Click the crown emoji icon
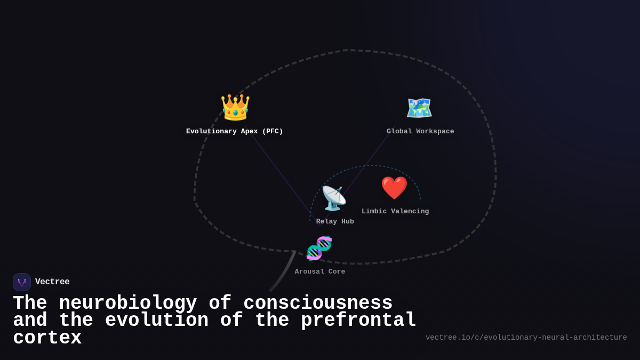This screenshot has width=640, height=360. click(x=235, y=107)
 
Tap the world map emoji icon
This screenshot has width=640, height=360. click(x=419, y=108)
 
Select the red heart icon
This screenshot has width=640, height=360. click(x=394, y=188)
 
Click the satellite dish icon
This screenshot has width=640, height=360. click(x=334, y=198)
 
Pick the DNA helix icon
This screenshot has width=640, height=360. click(x=319, y=248)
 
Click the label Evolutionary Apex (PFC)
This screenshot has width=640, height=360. click(x=235, y=132)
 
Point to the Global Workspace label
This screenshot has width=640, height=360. click(x=420, y=132)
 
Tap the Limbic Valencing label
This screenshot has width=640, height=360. click(x=395, y=212)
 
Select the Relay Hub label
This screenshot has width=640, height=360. click(x=335, y=222)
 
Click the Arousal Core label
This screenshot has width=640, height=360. click(x=320, y=272)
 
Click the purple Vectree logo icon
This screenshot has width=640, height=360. click(x=22, y=282)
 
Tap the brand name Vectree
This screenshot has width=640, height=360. click(x=52, y=282)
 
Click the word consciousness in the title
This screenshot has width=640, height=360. click(x=318, y=303)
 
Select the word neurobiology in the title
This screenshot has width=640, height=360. click(x=128, y=303)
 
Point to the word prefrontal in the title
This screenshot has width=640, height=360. click(x=359, y=321)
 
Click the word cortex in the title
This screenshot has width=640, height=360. click(x=47, y=338)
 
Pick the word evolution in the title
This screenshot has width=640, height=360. click(x=157, y=321)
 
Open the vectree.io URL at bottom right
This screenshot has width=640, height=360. click(x=526, y=338)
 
